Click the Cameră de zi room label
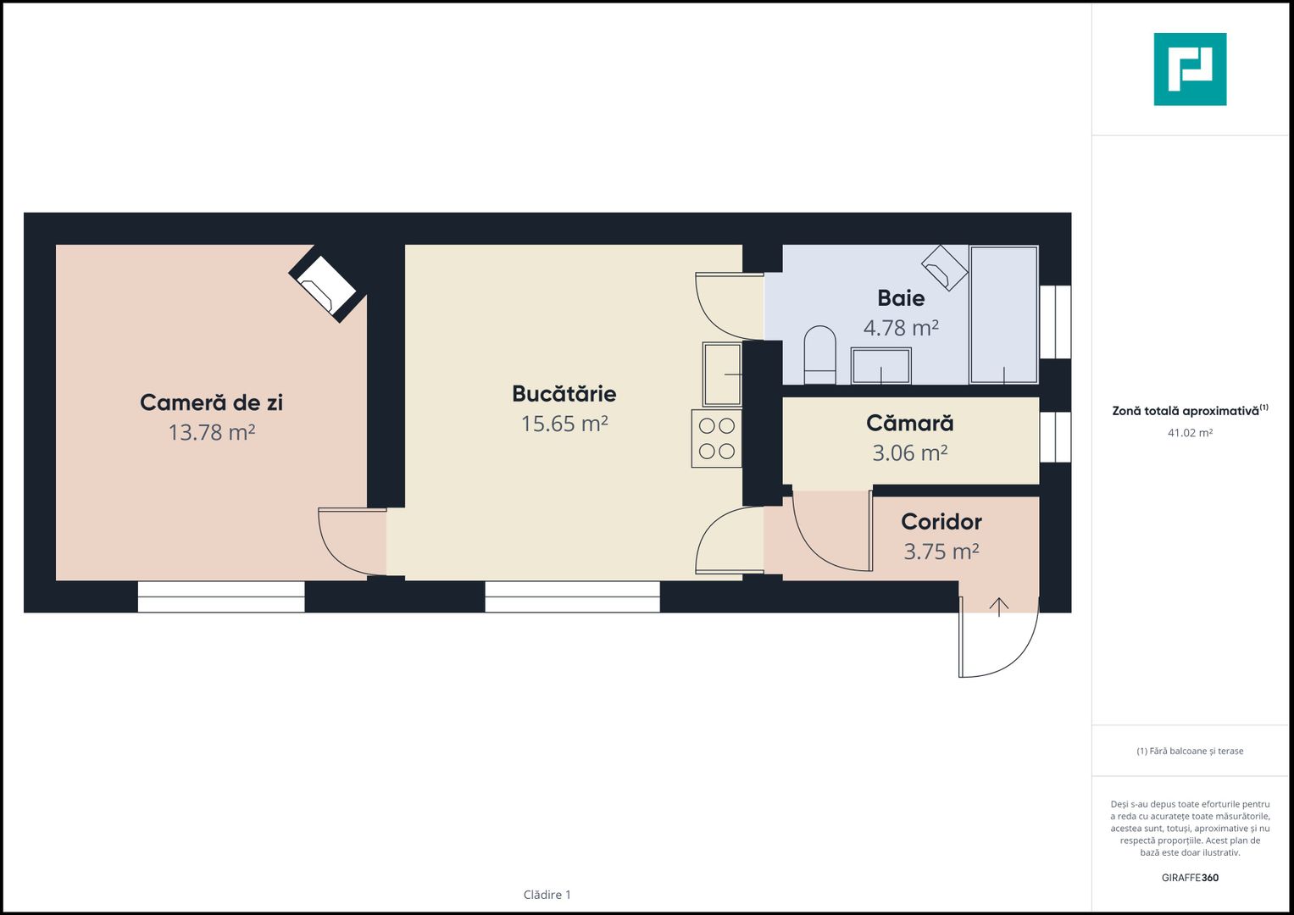tap(212, 402)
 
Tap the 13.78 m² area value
tap(212, 432)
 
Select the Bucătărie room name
tap(564, 393)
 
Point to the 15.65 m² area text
tap(564, 424)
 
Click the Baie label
tap(901, 298)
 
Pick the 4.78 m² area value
tap(901, 328)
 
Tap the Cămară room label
tap(910, 423)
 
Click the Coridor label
tap(941, 522)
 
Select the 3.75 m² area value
tap(941, 552)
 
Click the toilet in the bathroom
tap(819, 355)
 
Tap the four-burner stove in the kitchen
tap(716, 439)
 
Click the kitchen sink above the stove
tap(722, 374)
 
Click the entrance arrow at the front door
tap(999, 607)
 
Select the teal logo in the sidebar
tap(1190, 69)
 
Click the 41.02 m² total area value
tap(1190, 433)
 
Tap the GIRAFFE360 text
tap(1190, 878)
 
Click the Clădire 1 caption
tap(547, 894)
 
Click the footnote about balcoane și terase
tap(1190, 751)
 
